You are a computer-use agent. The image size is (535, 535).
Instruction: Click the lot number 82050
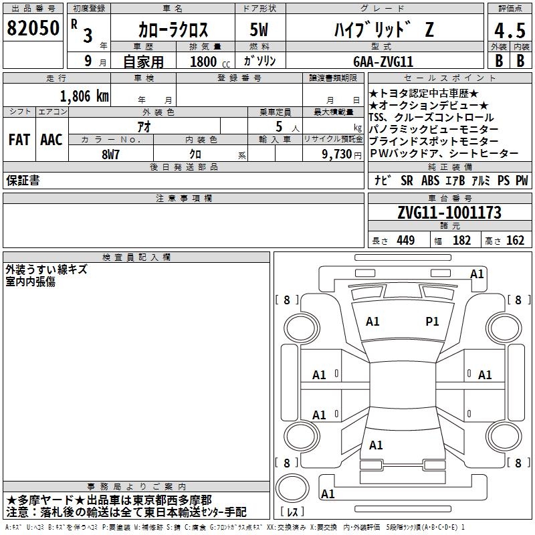33,28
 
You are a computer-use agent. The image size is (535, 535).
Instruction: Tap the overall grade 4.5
510,30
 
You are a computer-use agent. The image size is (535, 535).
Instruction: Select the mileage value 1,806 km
84,96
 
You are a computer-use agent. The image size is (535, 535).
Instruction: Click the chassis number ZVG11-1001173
449,213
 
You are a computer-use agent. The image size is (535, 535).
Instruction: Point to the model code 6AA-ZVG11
383,62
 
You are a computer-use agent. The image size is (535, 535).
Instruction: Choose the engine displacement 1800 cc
210,62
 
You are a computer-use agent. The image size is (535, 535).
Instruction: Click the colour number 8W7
110,154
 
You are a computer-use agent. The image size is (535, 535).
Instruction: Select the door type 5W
259,29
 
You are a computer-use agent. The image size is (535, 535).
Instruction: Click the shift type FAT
19,140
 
